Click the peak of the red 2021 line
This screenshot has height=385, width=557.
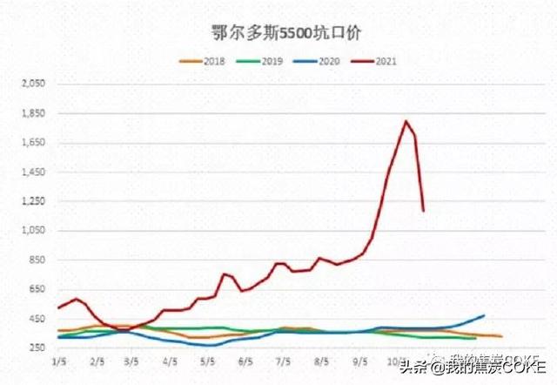(406, 121)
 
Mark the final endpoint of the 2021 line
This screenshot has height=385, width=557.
(424, 210)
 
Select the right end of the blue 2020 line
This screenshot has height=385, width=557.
(483, 315)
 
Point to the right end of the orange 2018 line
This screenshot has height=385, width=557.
(501, 336)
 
